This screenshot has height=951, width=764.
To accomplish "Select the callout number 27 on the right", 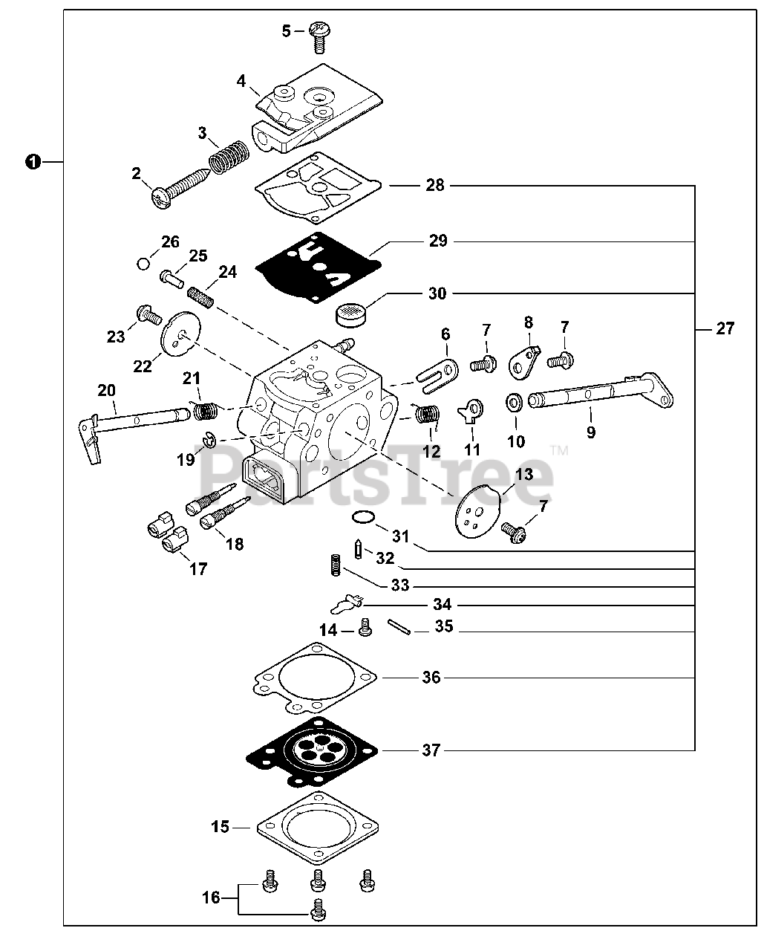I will (x=725, y=328).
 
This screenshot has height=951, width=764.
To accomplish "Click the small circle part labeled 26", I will (x=144, y=263).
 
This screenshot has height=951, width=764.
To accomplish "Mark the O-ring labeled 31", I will (x=362, y=517).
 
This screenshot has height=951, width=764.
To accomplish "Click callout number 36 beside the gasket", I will (x=431, y=678).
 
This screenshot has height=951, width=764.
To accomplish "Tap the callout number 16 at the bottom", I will (x=212, y=898).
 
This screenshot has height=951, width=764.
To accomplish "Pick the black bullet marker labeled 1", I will (x=32, y=161).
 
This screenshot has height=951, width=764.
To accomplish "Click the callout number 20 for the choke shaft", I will (x=107, y=390).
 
